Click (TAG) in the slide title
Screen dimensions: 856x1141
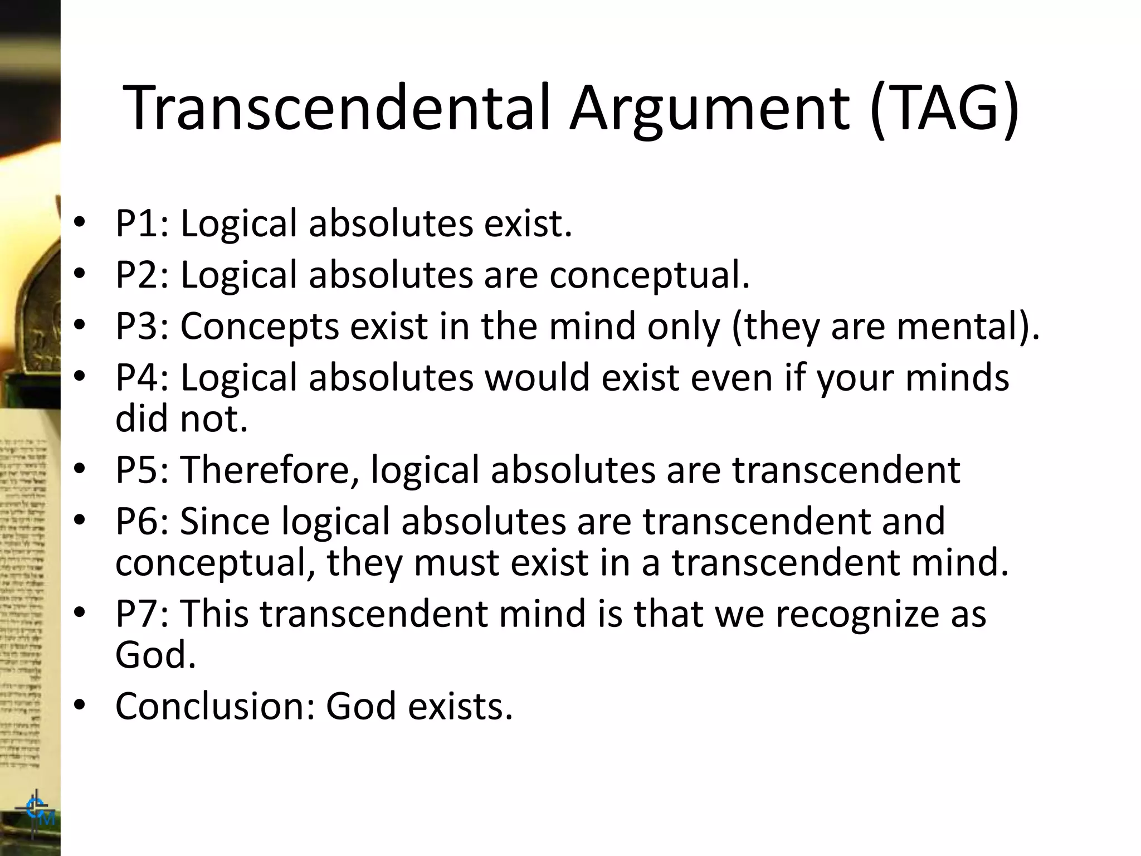[x=944, y=109]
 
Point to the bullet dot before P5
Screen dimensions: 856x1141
[x=80, y=469]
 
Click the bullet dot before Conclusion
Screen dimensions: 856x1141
[x=80, y=705]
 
